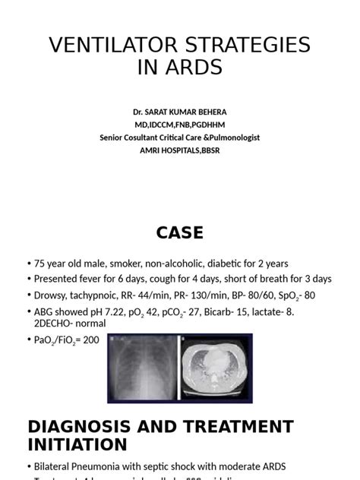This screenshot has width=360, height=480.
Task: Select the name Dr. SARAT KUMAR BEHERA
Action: coord(179,112)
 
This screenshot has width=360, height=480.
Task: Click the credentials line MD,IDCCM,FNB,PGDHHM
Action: coord(179,125)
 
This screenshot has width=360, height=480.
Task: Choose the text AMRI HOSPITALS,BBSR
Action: coord(179,150)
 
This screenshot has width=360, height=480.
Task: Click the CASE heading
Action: coord(179,232)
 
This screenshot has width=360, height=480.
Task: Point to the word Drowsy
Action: coord(52,295)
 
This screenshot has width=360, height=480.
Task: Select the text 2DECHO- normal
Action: coord(70,323)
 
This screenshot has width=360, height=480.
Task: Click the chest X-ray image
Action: coord(142,368)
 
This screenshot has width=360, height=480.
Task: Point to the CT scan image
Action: coord(214,368)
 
